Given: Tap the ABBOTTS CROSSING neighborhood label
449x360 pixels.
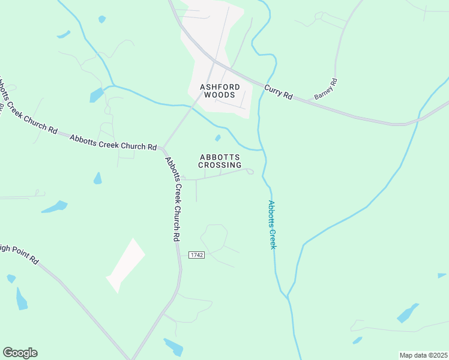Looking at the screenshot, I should (x=220, y=161).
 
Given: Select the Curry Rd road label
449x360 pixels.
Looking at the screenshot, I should (x=278, y=92).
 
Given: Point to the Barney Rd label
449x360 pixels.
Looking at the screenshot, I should (x=326, y=89).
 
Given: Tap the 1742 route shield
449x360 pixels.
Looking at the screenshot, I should (x=196, y=255).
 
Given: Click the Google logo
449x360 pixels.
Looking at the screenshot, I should (x=20, y=352).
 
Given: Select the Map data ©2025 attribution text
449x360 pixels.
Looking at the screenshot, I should (x=423, y=355).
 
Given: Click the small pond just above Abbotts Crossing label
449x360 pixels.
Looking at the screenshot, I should (x=217, y=138).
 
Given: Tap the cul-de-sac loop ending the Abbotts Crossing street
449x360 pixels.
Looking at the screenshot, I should (x=250, y=172).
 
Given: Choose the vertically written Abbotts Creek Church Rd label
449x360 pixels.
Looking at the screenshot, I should (x=172, y=198).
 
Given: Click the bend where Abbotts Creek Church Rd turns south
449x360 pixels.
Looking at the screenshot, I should (x=163, y=149).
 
